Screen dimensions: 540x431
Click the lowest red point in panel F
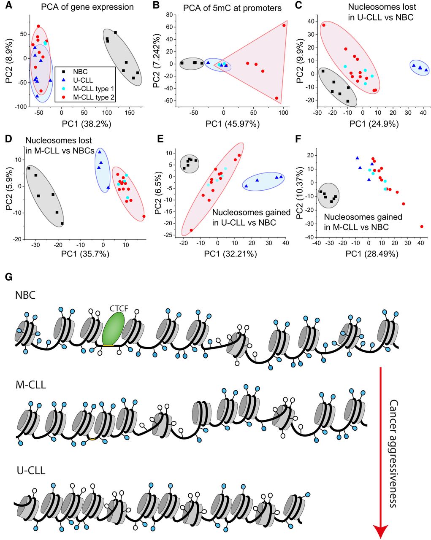(422, 227)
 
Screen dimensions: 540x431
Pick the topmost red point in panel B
(284, 25)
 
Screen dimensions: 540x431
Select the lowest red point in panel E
(191, 230)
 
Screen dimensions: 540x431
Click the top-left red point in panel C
(324, 25)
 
